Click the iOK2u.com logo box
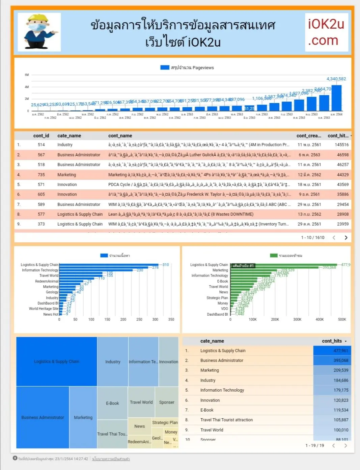[x=326, y=32]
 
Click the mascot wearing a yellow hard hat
[x=39, y=32]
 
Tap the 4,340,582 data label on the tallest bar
[x=336, y=79]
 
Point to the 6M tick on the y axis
[x=27, y=75]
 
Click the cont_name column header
[x=120, y=136]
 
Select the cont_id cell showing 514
[x=41, y=145]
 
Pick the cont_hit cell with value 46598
[x=342, y=155]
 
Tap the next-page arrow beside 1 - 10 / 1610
[x=346, y=238]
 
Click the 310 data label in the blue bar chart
[x=166, y=265]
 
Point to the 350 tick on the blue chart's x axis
[x=171, y=319]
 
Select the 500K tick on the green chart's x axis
[x=342, y=319]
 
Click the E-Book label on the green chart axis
[x=222, y=281]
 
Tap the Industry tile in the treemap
[x=113, y=362]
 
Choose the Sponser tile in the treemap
[x=167, y=402]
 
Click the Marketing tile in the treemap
[x=83, y=417]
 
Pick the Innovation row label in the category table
[x=210, y=400]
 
